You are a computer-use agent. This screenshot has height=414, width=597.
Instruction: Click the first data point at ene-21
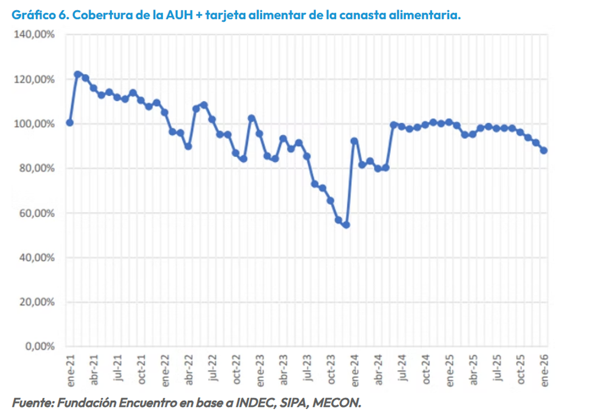pos(70,123)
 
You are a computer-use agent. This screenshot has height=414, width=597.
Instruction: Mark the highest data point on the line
pos(78,74)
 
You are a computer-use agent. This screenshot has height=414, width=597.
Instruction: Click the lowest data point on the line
pos(346,225)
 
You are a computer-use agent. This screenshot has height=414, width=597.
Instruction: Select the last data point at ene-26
pos(544,150)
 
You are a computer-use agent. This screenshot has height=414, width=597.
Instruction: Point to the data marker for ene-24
pos(354,141)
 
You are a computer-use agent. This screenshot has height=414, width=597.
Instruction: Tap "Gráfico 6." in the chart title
pos(40,15)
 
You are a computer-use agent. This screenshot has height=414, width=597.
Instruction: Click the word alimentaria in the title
pos(428,15)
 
